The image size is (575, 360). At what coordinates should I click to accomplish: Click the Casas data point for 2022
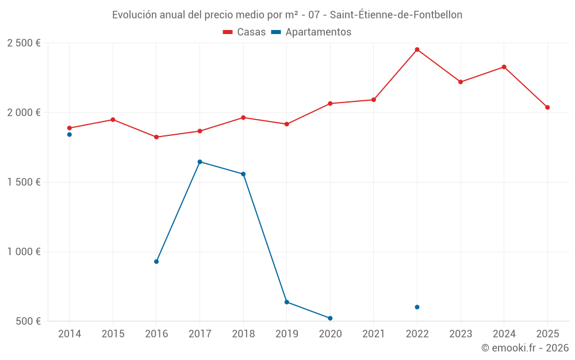[417, 50]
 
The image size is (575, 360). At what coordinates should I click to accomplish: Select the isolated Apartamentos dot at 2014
[70, 134]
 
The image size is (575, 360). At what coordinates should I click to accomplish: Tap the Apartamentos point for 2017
[200, 162]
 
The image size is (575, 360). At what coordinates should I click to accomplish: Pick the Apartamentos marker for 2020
[330, 318]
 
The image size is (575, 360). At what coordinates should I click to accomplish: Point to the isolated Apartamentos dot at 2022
[417, 307]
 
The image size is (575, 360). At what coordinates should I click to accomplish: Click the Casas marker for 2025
[547, 107]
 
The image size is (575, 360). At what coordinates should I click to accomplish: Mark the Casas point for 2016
[156, 137]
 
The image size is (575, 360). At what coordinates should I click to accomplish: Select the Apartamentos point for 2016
[156, 262]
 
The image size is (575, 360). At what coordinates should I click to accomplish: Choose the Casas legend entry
[244, 32]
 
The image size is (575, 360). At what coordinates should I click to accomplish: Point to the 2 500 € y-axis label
[24, 43]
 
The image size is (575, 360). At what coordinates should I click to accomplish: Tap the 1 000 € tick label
[24, 252]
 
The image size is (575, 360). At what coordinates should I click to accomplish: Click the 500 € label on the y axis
[27, 321]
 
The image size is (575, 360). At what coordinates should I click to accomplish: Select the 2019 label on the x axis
[286, 334]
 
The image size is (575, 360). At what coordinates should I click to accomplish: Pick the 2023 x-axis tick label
[461, 334]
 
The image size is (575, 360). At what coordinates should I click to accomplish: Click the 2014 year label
[70, 334]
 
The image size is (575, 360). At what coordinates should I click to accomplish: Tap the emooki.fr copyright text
[524, 348]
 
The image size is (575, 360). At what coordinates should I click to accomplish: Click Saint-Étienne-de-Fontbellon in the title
[396, 15]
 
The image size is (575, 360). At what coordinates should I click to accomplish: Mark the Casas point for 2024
[504, 67]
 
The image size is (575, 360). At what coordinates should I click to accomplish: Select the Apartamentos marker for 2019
[286, 302]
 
